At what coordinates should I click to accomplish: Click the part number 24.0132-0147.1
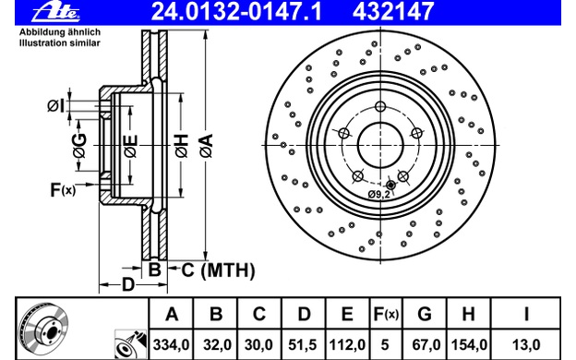click(236, 11)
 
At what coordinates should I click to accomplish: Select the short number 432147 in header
click(393, 11)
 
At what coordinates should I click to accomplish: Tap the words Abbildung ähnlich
click(59, 32)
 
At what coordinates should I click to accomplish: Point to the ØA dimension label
click(207, 146)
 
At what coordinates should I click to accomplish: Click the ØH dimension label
click(182, 146)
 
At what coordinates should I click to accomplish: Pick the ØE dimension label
click(131, 146)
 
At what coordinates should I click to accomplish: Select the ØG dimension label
click(79, 146)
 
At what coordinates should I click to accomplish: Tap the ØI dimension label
click(55, 106)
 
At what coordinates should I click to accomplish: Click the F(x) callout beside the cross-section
click(63, 190)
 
